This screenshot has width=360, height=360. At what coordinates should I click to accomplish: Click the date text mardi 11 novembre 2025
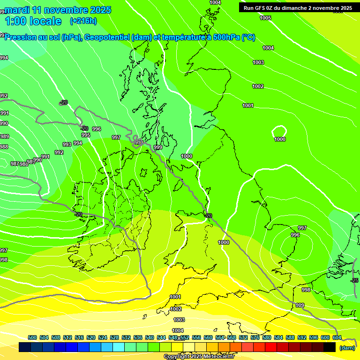(58, 10)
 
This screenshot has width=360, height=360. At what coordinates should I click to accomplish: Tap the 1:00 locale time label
(33, 21)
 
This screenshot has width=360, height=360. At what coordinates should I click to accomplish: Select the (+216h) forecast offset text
(83, 21)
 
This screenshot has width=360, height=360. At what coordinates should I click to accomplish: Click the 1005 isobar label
(265, 18)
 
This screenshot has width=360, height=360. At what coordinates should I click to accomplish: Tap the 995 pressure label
(86, 135)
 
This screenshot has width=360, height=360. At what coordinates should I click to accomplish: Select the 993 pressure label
(67, 144)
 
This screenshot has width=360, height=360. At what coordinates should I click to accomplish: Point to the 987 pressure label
(15, 164)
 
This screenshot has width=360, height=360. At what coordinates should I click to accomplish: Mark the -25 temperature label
(355, 280)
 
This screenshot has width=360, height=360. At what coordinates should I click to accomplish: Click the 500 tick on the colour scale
(32, 337)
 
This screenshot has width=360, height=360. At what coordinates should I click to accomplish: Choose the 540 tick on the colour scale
(150, 337)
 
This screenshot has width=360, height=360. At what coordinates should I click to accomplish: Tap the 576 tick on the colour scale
(255, 337)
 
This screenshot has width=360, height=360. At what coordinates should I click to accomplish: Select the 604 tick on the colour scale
(337, 337)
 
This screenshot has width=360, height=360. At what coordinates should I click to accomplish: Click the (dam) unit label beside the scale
(347, 347)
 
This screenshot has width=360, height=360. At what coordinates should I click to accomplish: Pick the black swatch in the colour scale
(330, 347)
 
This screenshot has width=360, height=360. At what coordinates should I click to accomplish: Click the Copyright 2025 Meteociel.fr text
(199, 357)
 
